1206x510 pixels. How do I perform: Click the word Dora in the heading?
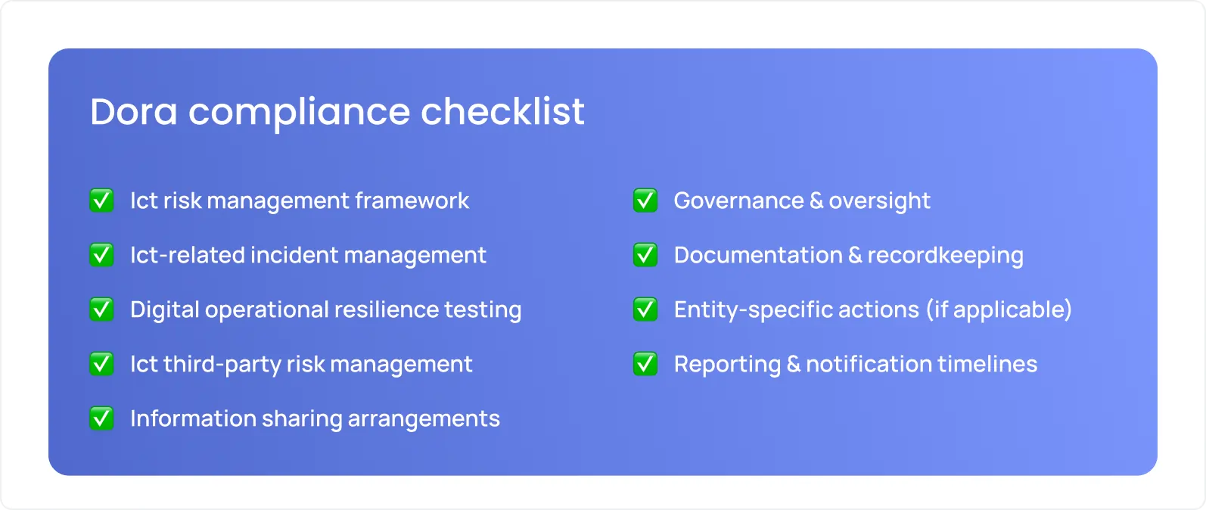coord(133,112)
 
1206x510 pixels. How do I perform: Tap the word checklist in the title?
coord(502,112)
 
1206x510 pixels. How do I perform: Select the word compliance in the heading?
coord(299,112)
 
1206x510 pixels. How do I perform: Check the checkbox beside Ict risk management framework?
coord(101,201)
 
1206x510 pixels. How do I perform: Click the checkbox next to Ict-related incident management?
coord(101,255)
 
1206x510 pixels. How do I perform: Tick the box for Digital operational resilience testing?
coord(101,309)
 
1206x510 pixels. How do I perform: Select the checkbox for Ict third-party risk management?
coord(101,364)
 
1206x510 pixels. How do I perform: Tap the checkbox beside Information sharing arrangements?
coord(101,418)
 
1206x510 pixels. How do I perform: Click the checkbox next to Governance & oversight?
coord(645,201)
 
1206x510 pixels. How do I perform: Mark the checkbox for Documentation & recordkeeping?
coord(645,255)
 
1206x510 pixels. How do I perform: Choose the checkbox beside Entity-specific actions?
coord(645,309)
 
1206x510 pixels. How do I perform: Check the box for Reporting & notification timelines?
coord(645,364)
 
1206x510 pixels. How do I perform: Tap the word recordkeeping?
coord(945,255)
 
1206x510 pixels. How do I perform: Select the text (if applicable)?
coord(999,309)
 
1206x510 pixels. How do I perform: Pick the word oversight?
coord(879,201)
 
